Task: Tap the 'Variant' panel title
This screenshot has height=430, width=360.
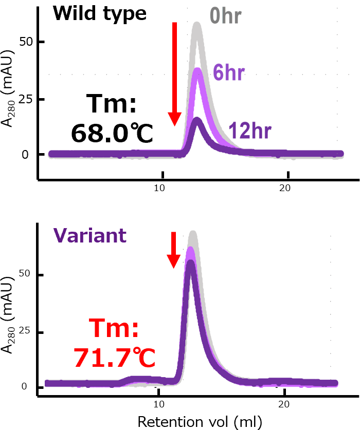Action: [89, 235]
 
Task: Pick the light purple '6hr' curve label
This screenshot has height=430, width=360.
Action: [228, 73]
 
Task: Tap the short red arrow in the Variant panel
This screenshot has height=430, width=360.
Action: [174, 249]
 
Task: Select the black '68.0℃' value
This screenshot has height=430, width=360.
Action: [112, 134]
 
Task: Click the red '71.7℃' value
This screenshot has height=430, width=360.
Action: [114, 358]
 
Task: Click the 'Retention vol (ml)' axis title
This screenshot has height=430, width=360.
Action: [200, 421]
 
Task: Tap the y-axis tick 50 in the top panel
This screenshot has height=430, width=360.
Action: [23, 42]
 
